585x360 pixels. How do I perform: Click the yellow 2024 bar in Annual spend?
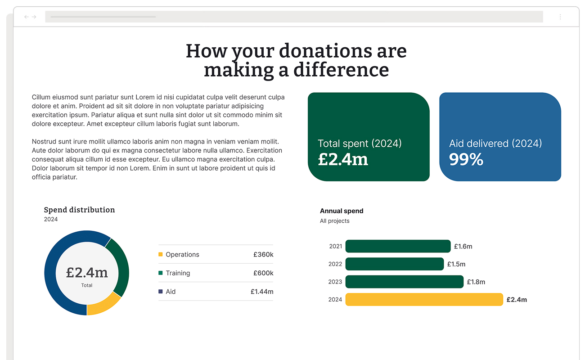pyautogui.click(x=424, y=300)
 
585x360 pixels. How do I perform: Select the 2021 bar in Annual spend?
pyautogui.click(x=398, y=246)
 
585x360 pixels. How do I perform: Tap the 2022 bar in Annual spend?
pyautogui.click(x=394, y=264)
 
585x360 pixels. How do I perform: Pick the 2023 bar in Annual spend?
pyautogui.click(x=404, y=282)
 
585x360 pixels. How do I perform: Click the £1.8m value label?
pyautogui.click(x=476, y=282)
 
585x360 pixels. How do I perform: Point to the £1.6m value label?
pyautogui.click(x=463, y=247)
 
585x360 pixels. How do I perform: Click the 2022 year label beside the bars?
pyautogui.click(x=335, y=264)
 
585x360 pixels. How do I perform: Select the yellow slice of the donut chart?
pyautogui.click(x=103, y=305)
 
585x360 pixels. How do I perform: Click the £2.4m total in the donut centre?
pyautogui.click(x=87, y=272)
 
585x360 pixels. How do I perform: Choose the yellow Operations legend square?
pyautogui.click(x=161, y=255)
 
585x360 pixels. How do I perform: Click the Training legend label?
pyautogui.click(x=178, y=273)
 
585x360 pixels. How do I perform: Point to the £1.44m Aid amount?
pyautogui.click(x=262, y=292)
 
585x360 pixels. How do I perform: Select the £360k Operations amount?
pyautogui.click(x=263, y=255)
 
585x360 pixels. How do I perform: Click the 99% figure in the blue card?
pyautogui.click(x=466, y=160)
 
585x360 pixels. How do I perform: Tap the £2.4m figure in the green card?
pyautogui.click(x=343, y=160)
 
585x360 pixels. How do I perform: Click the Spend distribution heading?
pyautogui.click(x=79, y=210)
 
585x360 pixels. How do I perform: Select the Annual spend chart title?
pyautogui.click(x=342, y=211)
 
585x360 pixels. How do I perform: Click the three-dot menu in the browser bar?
pyautogui.click(x=560, y=17)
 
